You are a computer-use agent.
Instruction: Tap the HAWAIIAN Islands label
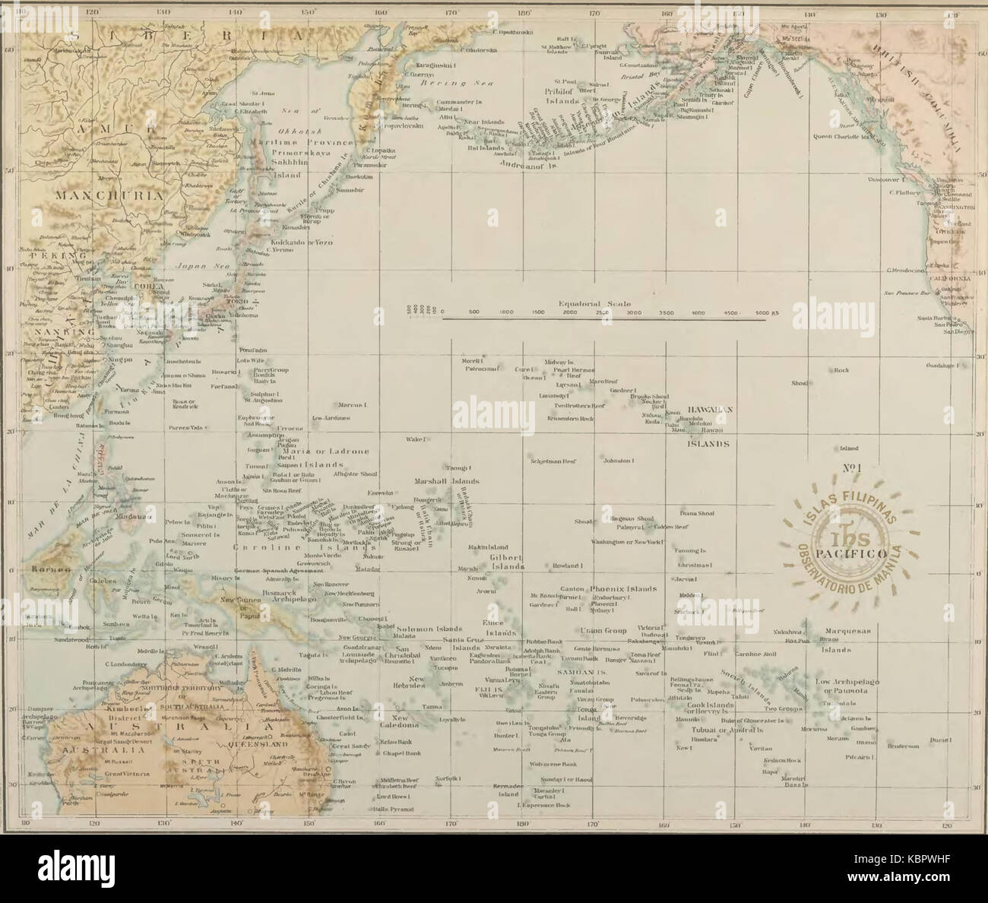pyautogui.click(x=708, y=409)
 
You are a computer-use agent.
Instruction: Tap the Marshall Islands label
pyautogui.click(x=445, y=482)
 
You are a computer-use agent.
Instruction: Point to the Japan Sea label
pyautogui.click(x=196, y=267)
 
